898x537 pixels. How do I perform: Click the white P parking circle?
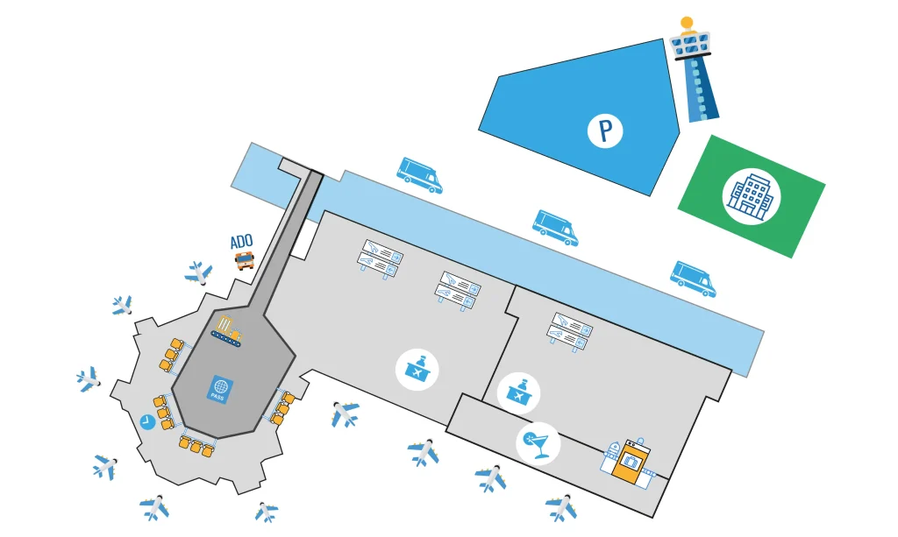[605, 131]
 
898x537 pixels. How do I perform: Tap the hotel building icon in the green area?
[751, 195]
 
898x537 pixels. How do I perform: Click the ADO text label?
[241, 241]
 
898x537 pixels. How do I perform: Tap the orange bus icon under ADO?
[245, 260]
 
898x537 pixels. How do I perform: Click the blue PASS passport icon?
[219, 389]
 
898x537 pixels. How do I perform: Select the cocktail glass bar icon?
[538, 442]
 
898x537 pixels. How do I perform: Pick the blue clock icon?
[147, 422]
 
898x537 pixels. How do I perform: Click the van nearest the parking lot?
[419, 174]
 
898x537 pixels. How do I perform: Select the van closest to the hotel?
[693, 278]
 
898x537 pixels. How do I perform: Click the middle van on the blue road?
[555, 226]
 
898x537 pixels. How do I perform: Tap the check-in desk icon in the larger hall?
[417, 369]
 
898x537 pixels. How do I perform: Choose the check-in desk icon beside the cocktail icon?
[518, 392]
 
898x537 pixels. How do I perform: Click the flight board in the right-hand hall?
[569, 331]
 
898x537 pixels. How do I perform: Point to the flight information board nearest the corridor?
[379, 258]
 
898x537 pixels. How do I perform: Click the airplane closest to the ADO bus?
[199, 272]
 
